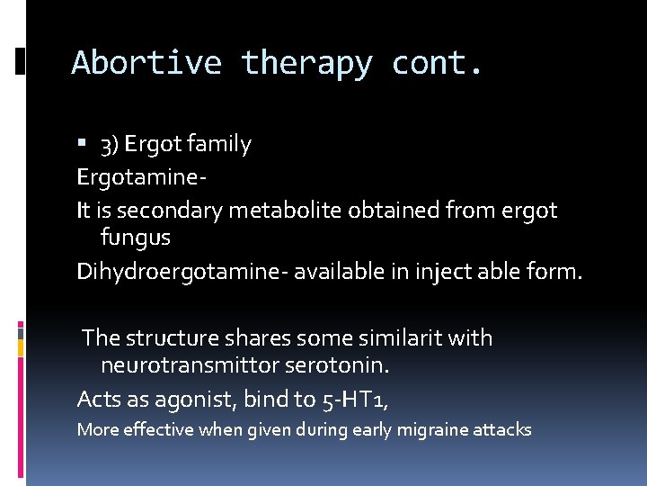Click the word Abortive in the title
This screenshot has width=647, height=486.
pos(146,63)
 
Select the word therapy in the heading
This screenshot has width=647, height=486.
pos(306,63)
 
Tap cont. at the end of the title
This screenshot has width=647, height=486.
pos(438,63)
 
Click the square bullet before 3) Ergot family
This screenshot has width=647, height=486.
pos(82,144)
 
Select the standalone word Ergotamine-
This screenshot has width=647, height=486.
pos(143,176)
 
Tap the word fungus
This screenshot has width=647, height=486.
pos(136,238)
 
